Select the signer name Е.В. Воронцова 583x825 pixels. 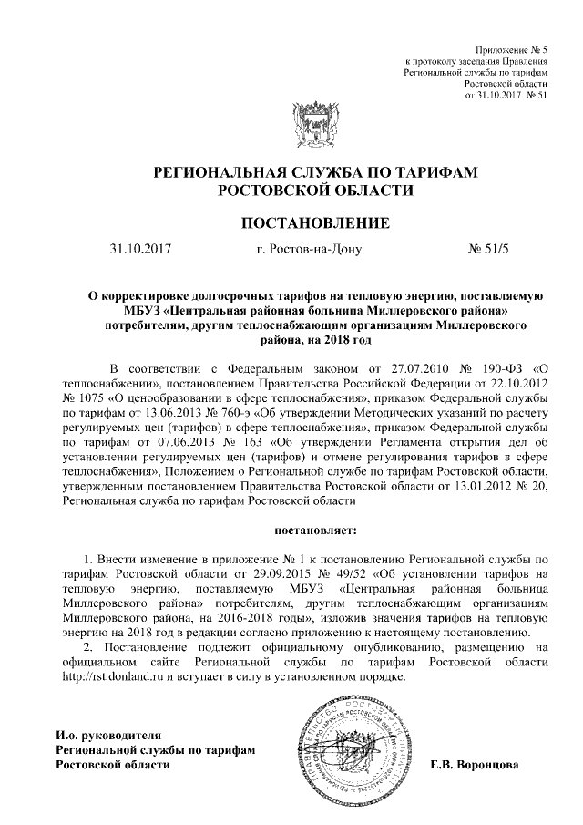click(x=474, y=764)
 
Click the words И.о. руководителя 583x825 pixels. click(x=108, y=735)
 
